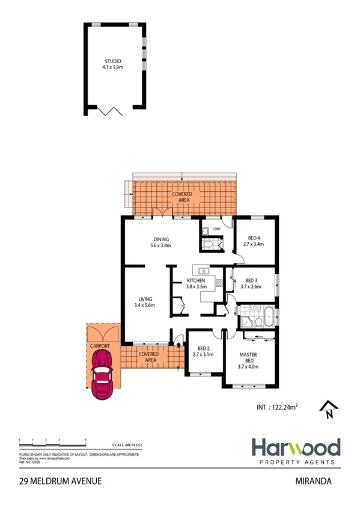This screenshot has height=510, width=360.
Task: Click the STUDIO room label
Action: tap(113, 61)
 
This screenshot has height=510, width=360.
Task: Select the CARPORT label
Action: tap(100, 347)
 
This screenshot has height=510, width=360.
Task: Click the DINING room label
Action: tap(160, 239)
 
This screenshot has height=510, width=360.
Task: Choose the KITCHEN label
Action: tap(197, 281)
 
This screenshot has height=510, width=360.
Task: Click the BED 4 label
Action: tap(254, 238)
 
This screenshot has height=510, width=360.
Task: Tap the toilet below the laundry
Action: tap(208, 244)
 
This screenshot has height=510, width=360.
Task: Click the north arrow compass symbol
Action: tap(328, 409)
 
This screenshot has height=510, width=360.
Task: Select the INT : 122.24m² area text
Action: tap(274, 407)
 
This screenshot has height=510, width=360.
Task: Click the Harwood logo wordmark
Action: tap(295, 447)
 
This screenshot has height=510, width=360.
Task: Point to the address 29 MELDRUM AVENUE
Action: tap(60, 481)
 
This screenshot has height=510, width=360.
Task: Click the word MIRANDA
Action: tap(314, 481)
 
